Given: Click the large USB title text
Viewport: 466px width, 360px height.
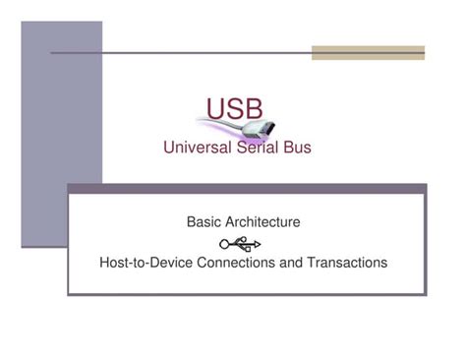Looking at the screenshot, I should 234,108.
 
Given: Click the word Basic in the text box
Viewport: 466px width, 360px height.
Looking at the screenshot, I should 204,222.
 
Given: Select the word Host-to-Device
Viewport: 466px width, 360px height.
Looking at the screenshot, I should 146,263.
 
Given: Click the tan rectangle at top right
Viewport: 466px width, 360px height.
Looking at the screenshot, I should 368,52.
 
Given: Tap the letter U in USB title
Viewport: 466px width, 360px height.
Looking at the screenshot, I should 215,108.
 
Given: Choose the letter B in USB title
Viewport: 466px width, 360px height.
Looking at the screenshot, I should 253,108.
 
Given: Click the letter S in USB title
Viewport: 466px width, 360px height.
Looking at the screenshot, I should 234,108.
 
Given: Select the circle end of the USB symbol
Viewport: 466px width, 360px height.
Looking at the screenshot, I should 225,243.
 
